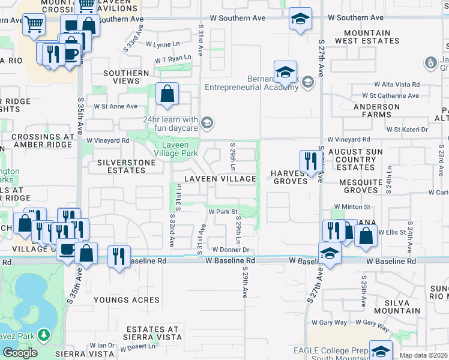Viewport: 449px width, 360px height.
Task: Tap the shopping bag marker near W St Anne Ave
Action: pyautogui.click(x=167, y=94)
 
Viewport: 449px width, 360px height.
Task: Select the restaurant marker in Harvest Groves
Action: pyautogui.click(x=309, y=161)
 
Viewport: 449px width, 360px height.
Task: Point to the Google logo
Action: pyautogui.click(x=20, y=353)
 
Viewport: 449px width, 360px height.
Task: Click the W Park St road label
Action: pyautogui.click(x=223, y=212)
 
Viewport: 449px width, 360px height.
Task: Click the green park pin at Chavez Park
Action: pyautogui.click(x=43, y=334)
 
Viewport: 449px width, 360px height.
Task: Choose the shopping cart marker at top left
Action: pyautogui.click(x=34, y=25)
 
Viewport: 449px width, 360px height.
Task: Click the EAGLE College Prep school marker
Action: pyautogui.click(x=380, y=351)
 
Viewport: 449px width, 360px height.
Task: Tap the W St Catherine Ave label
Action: pyautogui.click(x=390, y=95)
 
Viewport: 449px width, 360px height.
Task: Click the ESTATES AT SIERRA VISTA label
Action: pyautogui.click(x=152, y=333)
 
